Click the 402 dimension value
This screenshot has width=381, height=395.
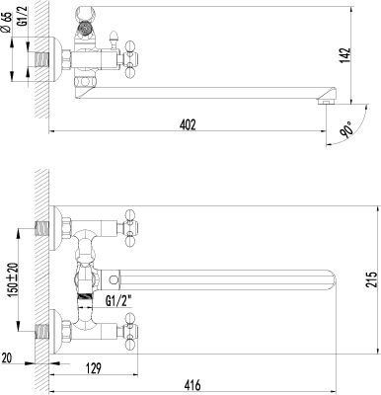(188, 125)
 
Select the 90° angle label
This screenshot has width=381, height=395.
(346, 128)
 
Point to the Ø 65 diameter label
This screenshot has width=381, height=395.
(7, 23)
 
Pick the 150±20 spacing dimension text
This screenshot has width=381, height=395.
(14, 279)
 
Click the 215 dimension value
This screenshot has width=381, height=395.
(372, 279)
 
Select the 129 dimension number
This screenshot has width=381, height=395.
(94, 368)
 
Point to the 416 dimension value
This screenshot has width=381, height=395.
(192, 385)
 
